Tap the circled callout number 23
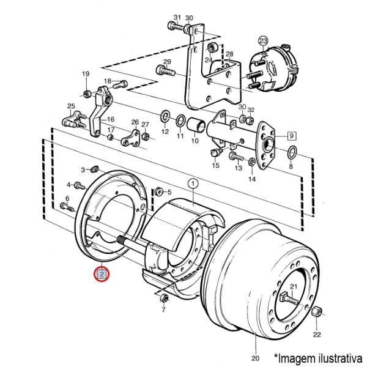[x=263, y=42]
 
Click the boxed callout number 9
[x=291, y=136]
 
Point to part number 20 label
[x=255, y=358]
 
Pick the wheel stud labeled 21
[x=289, y=300]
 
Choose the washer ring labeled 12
[x=165, y=116]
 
